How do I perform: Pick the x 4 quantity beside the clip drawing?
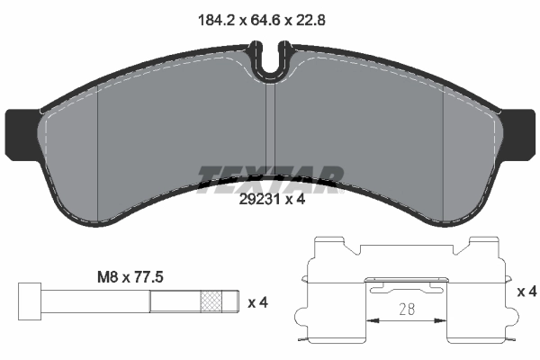tap(527, 292)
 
